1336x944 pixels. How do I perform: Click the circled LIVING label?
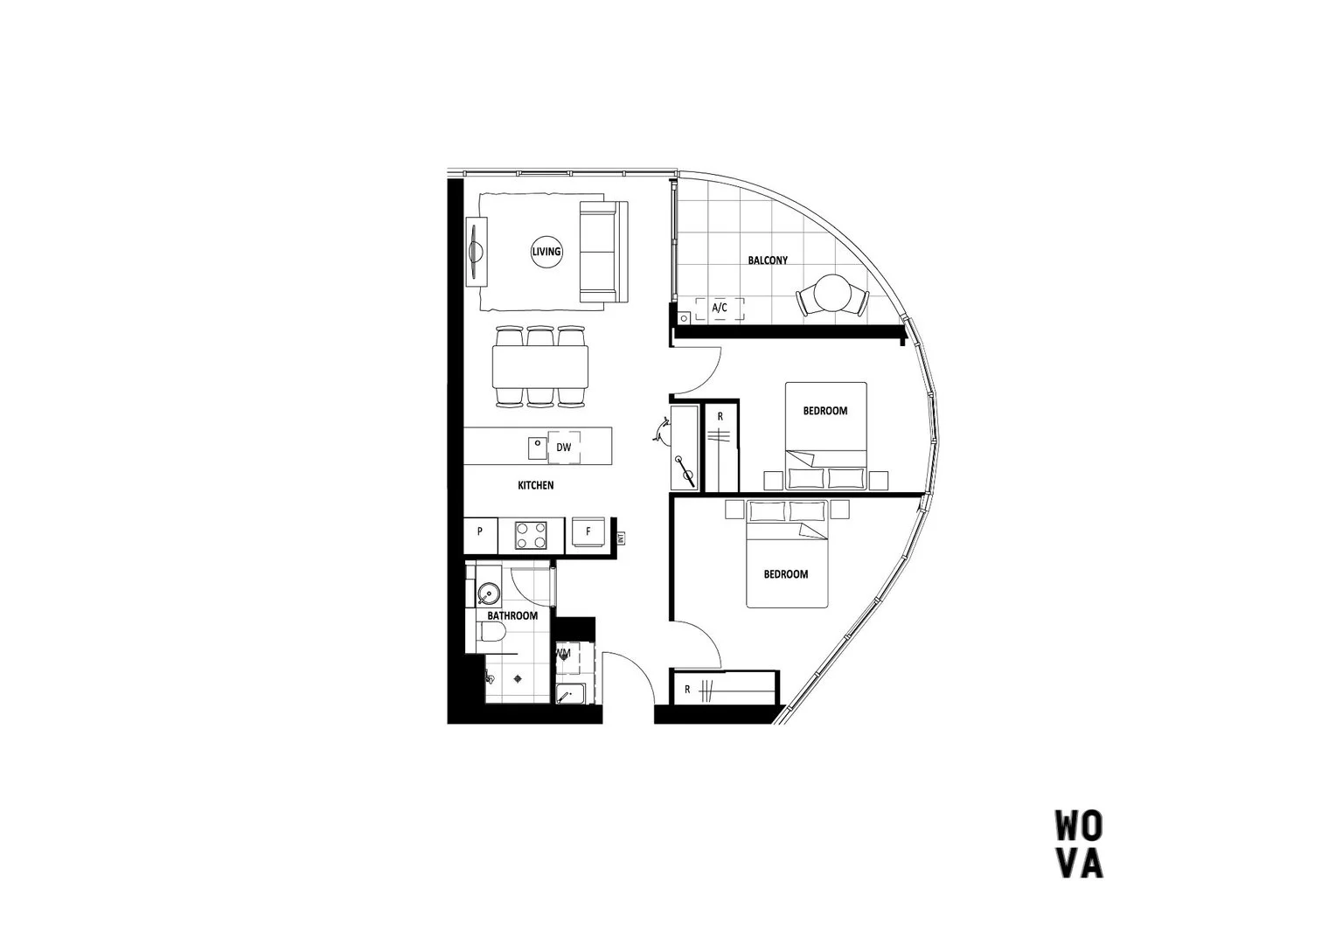point(546,252)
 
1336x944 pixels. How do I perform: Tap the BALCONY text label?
point(768,260)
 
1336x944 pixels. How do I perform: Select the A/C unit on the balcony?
point(720,309)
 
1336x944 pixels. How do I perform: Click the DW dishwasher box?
point(564,448)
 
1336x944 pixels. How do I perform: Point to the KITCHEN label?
point(535,485)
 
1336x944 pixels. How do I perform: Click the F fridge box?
point(588,531)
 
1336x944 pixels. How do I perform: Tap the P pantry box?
point(480,531)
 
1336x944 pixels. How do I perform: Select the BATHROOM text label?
point(512,616)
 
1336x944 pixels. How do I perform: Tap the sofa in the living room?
point(602,252)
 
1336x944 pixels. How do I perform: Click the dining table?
point(539,366)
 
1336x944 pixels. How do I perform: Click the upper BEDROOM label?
point(825,411)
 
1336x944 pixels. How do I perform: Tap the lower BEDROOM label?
point(785,574)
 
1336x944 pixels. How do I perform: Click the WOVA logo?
point(1078,844)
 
